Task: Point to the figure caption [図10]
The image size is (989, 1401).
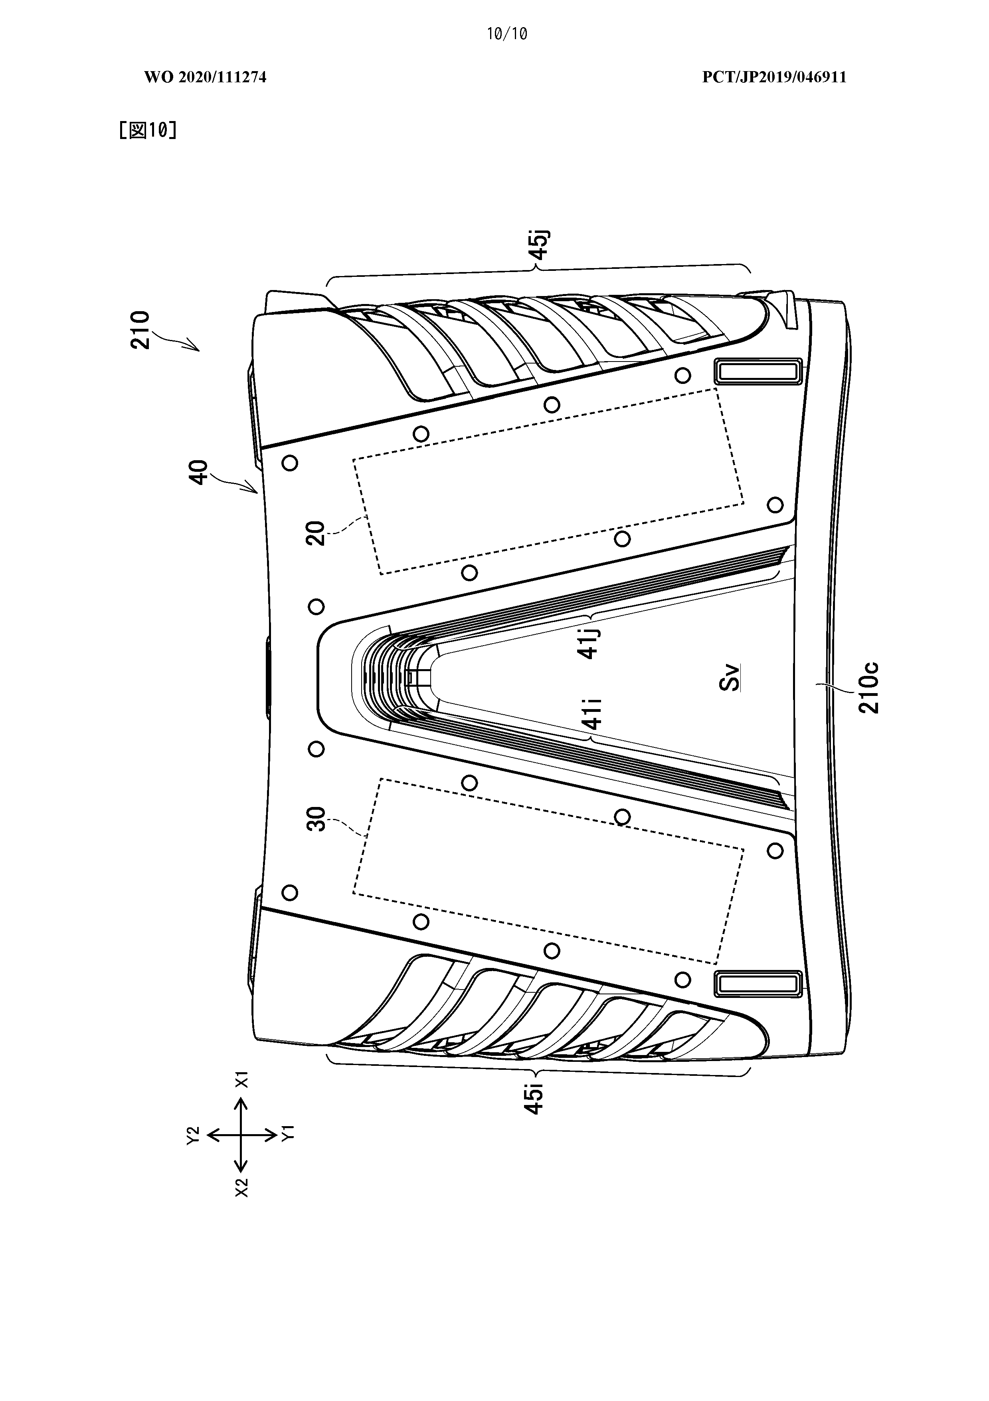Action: click(148, 130)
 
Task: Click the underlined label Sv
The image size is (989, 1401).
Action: click(730, 677)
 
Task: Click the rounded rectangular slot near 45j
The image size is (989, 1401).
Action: click(757, 372)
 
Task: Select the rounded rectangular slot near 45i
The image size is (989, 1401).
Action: click(757, 984)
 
